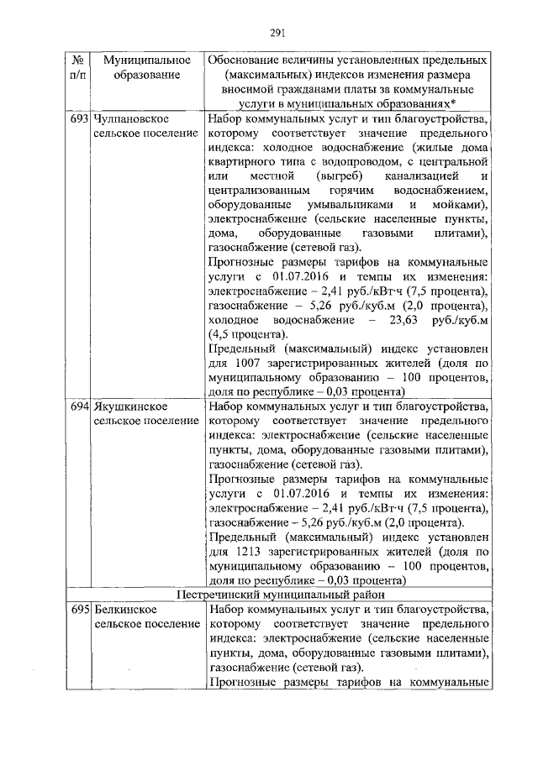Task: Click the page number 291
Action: pyautogui.click(x=279, y=34)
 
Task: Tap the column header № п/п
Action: pyautogui.click(x=77, y=69)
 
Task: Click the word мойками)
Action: pyautogui.click(x=461, y=206)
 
